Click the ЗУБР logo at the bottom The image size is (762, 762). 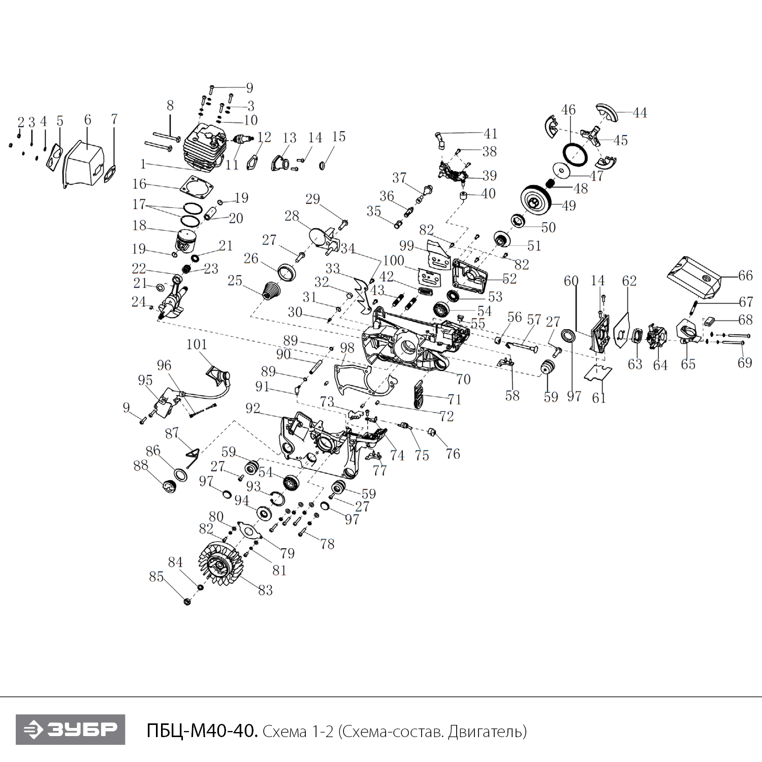(x=70, y=730)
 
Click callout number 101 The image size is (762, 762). (x=197, y=344)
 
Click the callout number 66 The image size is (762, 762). (x=745, y=275)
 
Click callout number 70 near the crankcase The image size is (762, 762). (x=463, y=379)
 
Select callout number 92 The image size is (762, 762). (x=252, y=408)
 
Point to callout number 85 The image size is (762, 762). (x=156, y=577)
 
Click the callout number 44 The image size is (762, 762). (x=640, y=112)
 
